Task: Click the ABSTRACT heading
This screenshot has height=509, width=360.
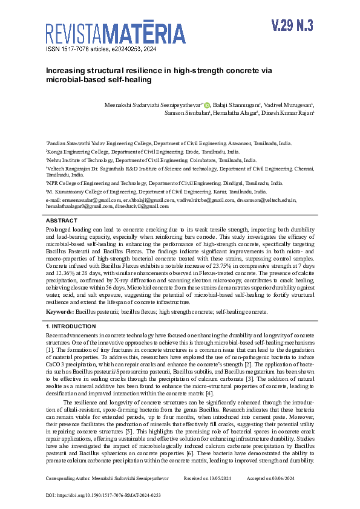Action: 61,221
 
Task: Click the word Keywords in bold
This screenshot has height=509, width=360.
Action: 60,312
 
